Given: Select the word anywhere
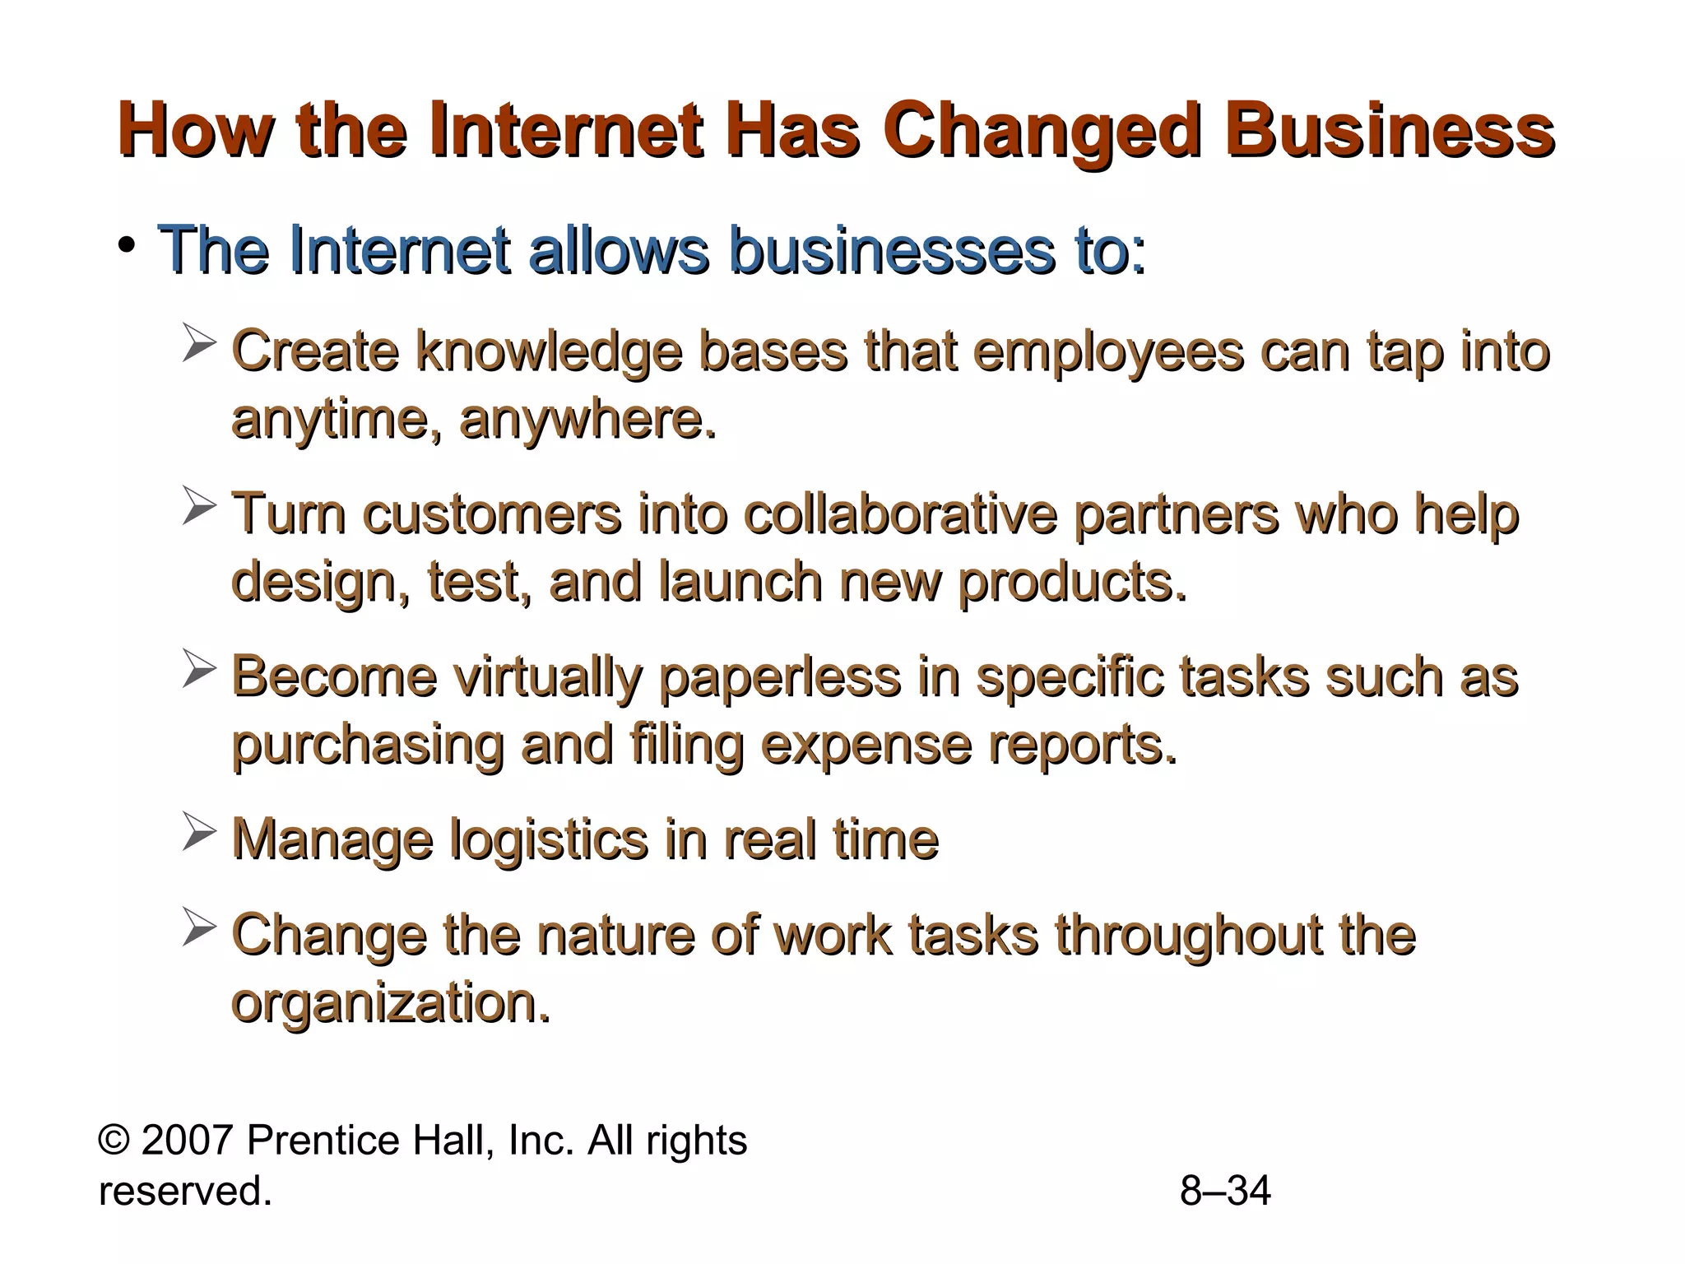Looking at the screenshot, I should click(x=587, y=420).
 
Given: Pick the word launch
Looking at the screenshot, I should click(x=740, y=582).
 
